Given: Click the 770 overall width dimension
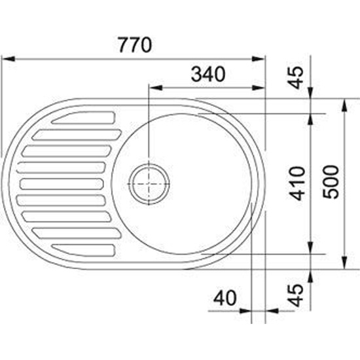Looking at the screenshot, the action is [x=135, y=45].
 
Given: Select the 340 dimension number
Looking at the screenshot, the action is [x=208, y=74].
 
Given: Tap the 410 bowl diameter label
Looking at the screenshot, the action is [x=297, y=183].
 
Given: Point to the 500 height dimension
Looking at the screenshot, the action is [x=331, y=182].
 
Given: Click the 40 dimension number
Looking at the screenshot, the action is [x=225, y=298].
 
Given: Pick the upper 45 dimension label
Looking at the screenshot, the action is [x=296, y=77].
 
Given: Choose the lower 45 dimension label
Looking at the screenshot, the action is [x=296, y=295].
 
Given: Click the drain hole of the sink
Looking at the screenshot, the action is [x=149, y=184].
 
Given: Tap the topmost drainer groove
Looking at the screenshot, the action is [x=83, y=118].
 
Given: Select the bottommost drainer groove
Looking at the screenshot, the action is [x=83, y=250].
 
